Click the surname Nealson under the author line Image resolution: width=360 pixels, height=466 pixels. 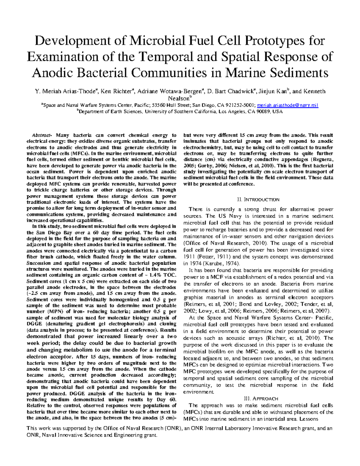[x=179, y=98]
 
